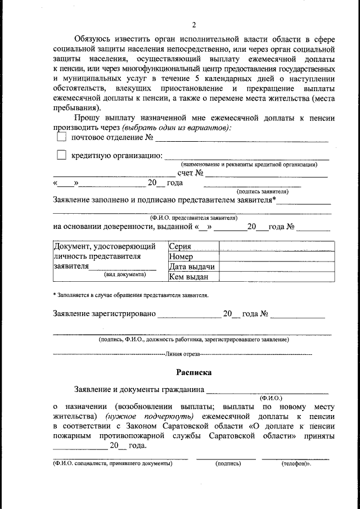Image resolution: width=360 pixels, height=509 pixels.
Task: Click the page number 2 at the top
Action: pos(194,24)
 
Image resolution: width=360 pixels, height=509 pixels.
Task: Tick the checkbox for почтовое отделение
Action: pos(61,137)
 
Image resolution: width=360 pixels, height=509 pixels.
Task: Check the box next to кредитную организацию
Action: pos(61,155)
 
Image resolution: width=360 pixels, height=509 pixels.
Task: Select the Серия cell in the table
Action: pos(181,246)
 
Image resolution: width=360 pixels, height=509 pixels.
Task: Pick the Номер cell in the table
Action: pos(181,256)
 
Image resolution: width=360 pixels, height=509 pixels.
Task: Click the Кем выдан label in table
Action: pos(189,276)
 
